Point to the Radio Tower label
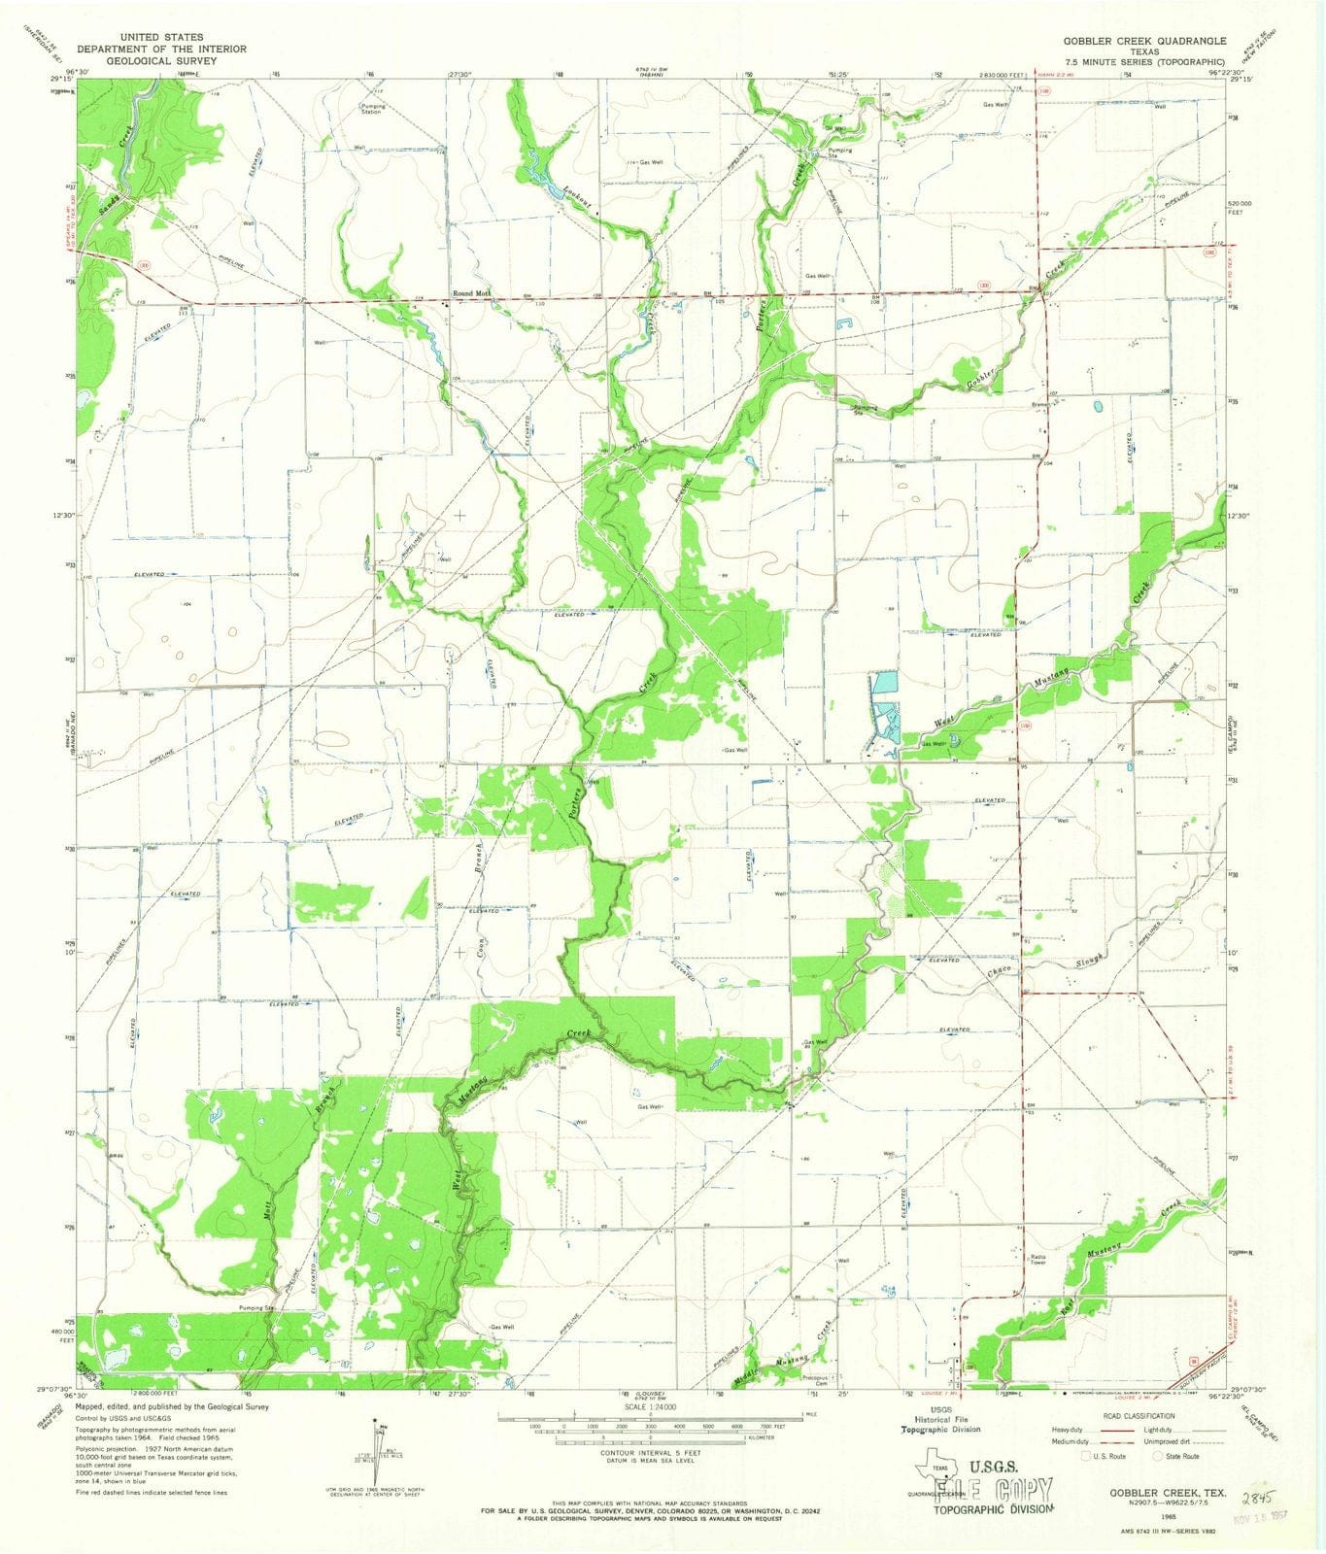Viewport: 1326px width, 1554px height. (x=1037, y=1260)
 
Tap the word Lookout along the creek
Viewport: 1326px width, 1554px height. (x=581, y=198)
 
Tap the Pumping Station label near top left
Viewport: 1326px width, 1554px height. (x=373, y=110)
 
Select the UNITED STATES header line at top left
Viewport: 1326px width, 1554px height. (x=161, y=37)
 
